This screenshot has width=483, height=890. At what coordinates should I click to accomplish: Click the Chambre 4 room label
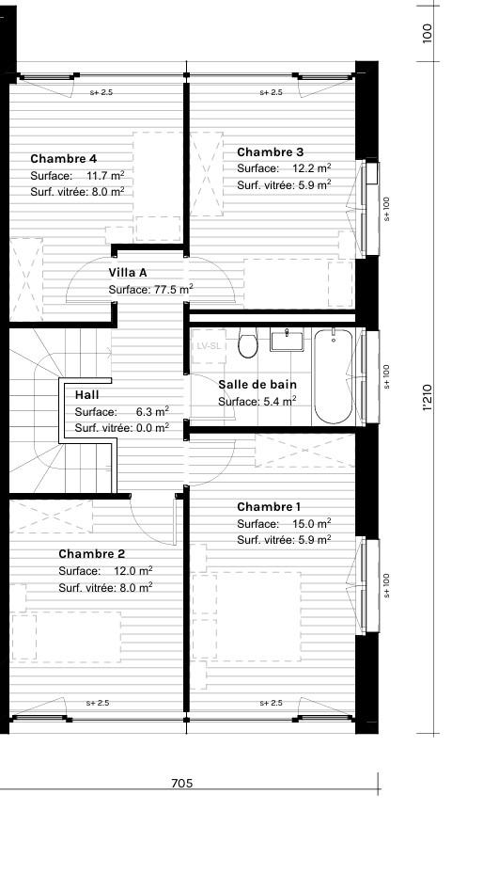pos(63,159)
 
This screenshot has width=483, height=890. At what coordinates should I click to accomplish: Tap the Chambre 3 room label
pos(270,152)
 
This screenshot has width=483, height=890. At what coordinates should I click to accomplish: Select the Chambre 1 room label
pos(269,507)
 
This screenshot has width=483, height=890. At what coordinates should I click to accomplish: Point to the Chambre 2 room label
pos(91,554)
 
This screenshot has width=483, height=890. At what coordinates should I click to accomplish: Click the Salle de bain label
pos(257,385)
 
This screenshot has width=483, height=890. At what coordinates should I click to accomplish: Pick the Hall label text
pos(86,395)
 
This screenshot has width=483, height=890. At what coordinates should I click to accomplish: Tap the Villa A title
pos(128,273)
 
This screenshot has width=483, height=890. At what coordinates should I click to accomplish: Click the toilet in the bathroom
pos(248,344)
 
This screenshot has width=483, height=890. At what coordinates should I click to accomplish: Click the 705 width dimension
pos(183,783)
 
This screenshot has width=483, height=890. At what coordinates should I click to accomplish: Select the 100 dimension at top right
pos(428,35)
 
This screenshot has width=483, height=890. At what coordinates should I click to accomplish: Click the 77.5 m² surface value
pos(173,290)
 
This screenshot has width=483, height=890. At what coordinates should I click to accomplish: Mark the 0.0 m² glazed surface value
pos(152,427)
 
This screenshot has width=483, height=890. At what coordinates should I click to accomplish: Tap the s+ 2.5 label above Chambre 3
pos(271,93)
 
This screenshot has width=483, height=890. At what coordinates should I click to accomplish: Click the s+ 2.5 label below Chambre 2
pos(98,703)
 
